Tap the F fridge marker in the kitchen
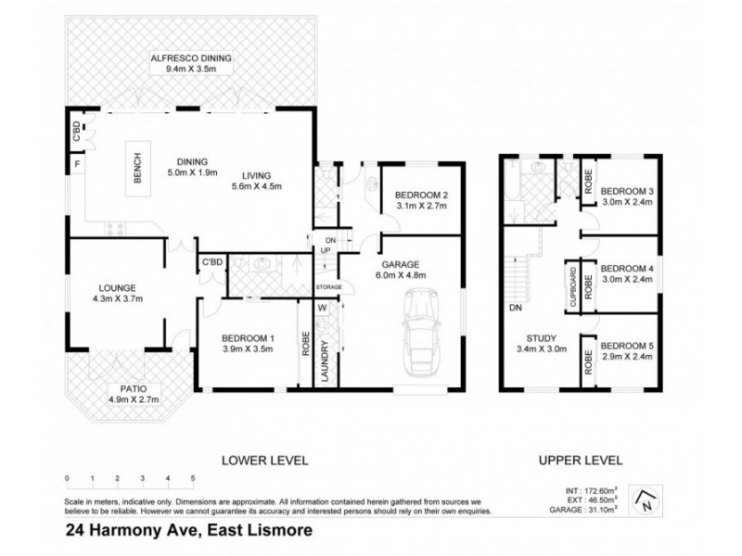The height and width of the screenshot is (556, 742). pyautogui.click(x=76, y=168)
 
